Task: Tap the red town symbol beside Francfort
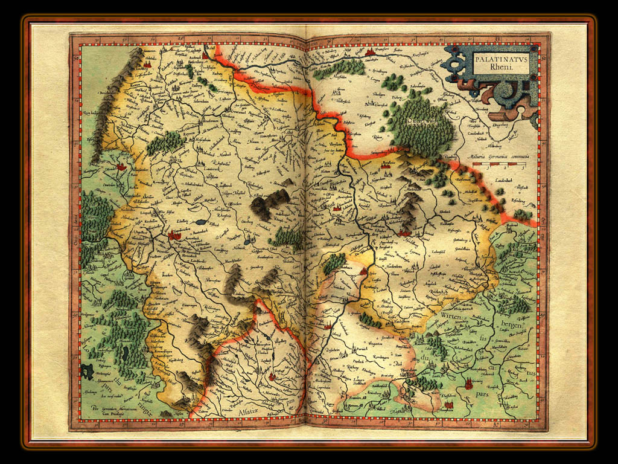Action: click(370, 53)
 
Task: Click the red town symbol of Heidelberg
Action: click(404, 231)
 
